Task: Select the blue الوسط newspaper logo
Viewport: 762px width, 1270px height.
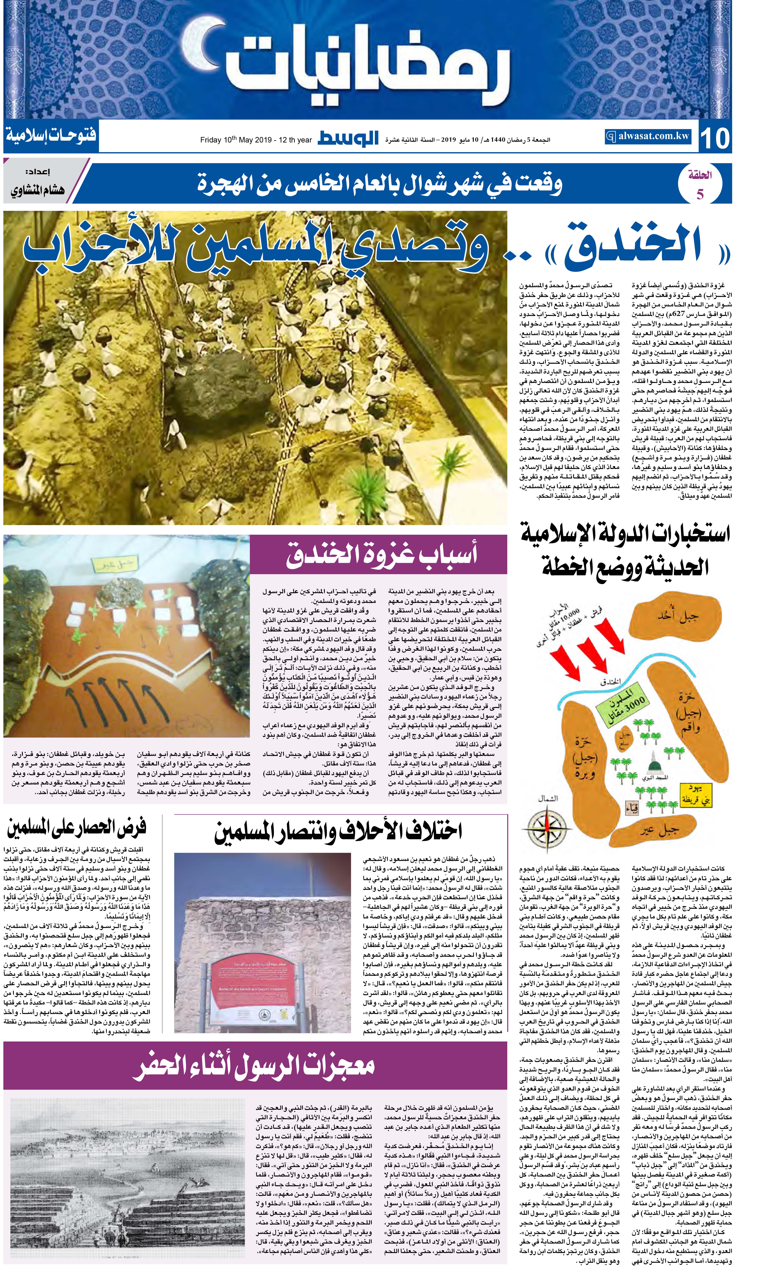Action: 348,138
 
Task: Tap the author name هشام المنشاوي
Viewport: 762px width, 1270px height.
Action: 37,189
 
